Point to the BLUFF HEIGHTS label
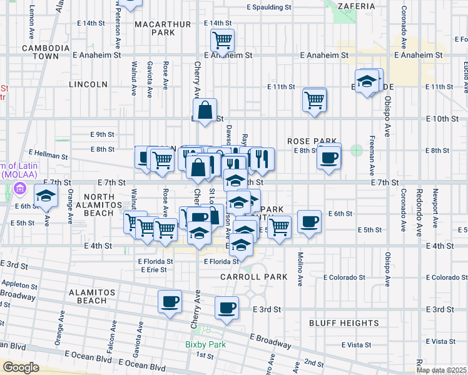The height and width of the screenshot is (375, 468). (343, 322)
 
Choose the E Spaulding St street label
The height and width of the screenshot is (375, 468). (269, 7)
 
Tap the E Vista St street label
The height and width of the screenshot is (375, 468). (437, 341)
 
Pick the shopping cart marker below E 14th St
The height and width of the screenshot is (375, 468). (222, 41)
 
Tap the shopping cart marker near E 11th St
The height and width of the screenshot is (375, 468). (314, 99)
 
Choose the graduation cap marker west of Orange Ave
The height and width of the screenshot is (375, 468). (45, 197)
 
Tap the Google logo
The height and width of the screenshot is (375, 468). (21, 367)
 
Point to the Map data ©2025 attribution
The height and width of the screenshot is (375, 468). (440, 370)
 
